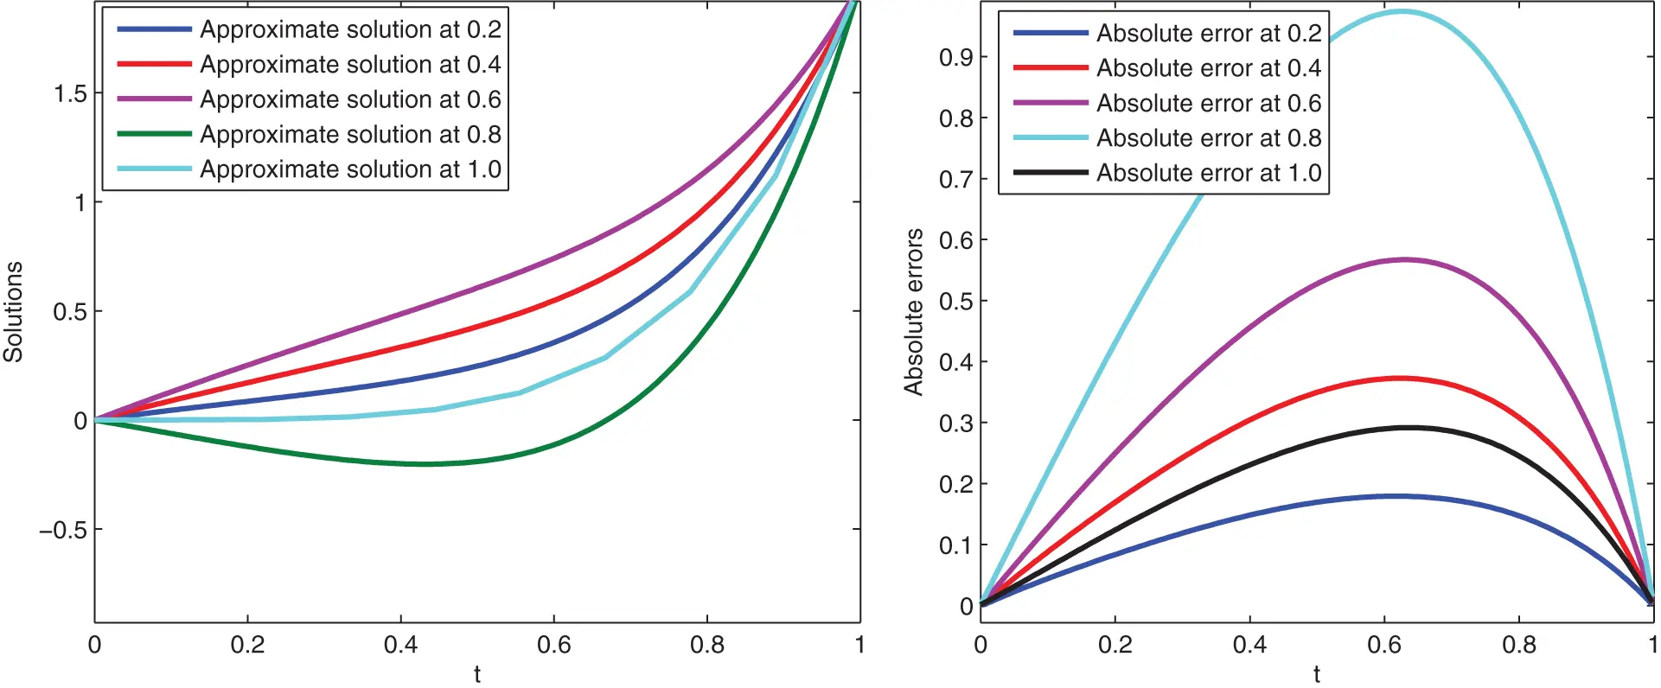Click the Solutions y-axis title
[x=13, y=311]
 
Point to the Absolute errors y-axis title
[x=914, y=312]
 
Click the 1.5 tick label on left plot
[x=70, y=93]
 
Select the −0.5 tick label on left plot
[x=63, y=530]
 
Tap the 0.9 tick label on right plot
[x=955, y=58]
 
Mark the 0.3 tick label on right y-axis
[x=955, y=424]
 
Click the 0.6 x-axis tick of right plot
[x=1384, y=645]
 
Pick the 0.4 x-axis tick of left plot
[x=400, y=645]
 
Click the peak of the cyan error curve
[x=1402, y=11]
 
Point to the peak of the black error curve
[x=1409, y=427]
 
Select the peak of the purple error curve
[x=1405, y=259]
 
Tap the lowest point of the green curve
[x=424, y=464]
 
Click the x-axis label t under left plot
[x=477, y=674]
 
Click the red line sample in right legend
[x=1050, y=67]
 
